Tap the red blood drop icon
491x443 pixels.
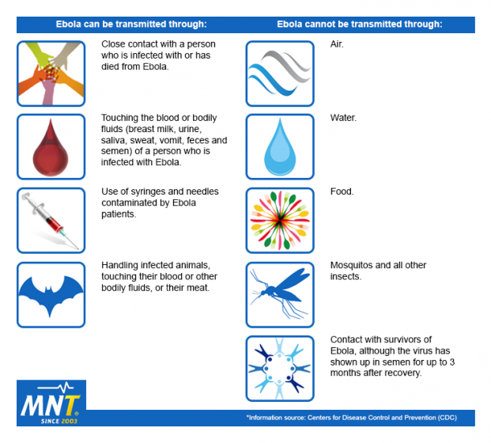(x=51, y=147)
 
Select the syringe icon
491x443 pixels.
(x=51, y=221)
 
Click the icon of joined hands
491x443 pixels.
(x=51, y=73)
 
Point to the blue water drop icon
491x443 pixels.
(x=279, y=147)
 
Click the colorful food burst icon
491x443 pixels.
(x=279, y=221)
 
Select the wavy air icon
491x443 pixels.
(x=279, y=73)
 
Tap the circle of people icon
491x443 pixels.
(x=279, y=369)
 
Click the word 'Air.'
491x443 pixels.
(x=337, y=44)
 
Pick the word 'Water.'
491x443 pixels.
(x=343, y=118)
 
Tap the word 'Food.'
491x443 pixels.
(x=342, y=191)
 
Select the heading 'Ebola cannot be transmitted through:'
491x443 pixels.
(x=359, y=25)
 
